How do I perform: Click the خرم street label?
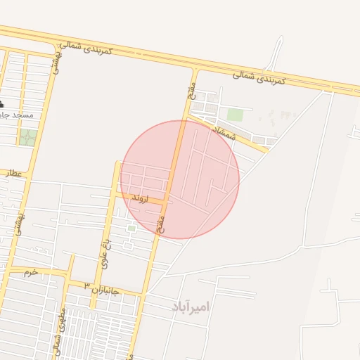[30, 271]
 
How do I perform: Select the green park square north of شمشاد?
[235, 114]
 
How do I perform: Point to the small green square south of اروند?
[131, 228]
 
